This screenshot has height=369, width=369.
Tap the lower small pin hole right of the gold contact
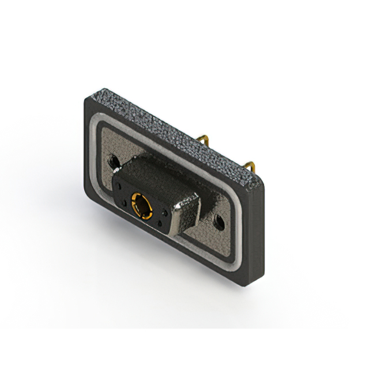coord(158,223)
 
